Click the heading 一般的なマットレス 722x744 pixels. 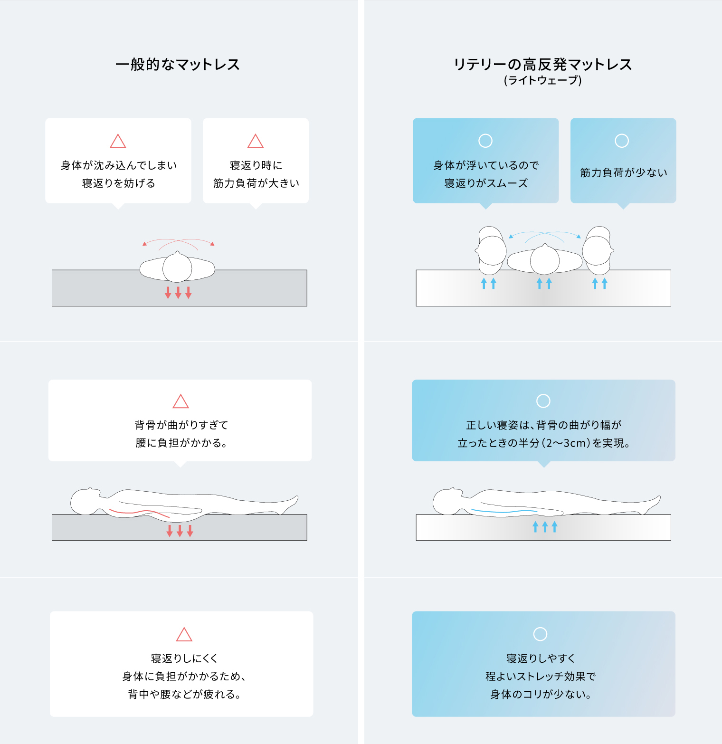coord(177,64)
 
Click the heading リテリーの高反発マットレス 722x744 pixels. coord(542,64)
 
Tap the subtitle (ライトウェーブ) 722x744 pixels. coord(542,80)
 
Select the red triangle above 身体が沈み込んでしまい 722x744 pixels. coord(118,142)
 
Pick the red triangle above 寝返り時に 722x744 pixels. coord(256,142)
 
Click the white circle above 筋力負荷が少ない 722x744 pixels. coord(622,141)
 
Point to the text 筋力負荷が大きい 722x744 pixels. coord(256,183)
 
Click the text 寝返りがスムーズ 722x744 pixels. coord(486,183)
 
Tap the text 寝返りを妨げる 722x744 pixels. coord(118,183)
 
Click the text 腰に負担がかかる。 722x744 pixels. coord(180,443)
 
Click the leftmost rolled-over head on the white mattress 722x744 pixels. coord(492,250)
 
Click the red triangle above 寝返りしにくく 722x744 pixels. coord(184,635)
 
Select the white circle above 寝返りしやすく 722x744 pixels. coord(540,634)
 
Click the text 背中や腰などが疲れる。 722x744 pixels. coord(184,695)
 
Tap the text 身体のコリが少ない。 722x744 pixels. coord(541,695)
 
